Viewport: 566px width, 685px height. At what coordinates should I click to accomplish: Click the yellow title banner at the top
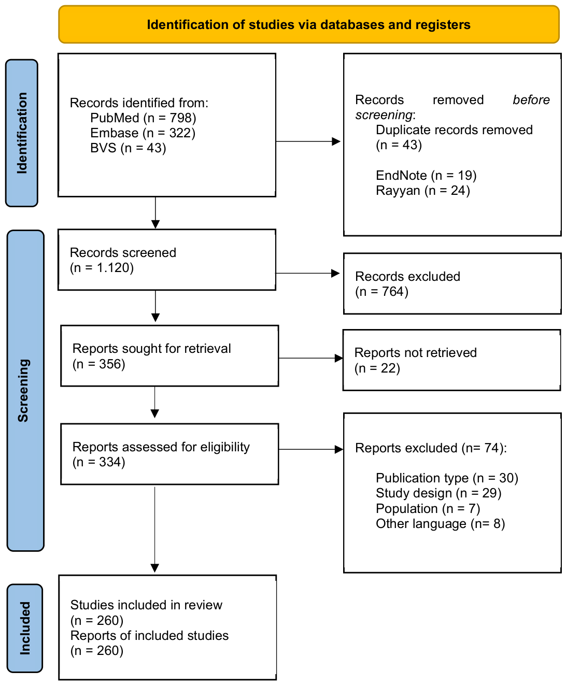click(309, 24)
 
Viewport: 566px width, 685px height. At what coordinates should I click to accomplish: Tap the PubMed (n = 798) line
click(143, 118)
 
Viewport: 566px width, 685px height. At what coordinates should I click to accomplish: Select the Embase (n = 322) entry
click(143, 133)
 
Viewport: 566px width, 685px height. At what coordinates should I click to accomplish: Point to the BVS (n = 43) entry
click(128, 148)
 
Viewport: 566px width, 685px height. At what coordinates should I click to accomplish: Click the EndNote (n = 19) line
click(426, 176)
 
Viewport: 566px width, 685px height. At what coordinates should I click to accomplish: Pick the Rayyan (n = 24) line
click(422, 191)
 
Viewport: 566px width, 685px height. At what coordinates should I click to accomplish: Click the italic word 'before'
click(531, 99)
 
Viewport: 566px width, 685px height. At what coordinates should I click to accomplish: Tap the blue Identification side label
click(22, 133)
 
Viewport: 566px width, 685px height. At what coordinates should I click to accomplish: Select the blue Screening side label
click(25, 390)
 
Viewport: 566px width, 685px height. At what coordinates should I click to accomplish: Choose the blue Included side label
click(24, 628)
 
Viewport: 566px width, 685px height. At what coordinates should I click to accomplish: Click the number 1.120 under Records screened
click(110, 268)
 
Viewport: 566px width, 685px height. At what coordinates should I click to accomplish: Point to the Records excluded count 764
click(392, 291)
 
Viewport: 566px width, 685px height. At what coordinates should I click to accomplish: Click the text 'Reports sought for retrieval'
click(151, 348)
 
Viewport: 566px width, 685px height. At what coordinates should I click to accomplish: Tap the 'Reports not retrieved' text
click(415, 353)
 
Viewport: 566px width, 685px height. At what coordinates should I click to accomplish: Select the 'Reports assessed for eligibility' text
click(161, 447)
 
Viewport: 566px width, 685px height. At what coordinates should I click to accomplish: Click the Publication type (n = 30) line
click(447, 478)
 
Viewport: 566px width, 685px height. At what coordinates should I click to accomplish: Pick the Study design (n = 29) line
click(438, 493)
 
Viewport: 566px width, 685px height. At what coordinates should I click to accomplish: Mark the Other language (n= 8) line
click(440, 523)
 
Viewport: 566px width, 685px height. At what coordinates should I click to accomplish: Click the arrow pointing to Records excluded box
click(307, 273)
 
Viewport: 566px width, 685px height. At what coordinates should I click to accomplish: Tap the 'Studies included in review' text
click(146, 605)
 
